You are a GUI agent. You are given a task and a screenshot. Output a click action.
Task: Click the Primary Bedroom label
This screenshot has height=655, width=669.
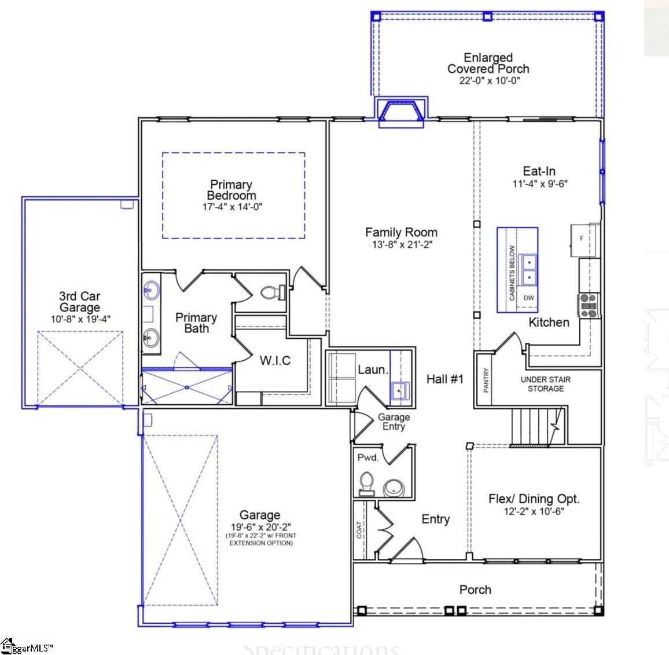pyautogui.click(x=231, y=190)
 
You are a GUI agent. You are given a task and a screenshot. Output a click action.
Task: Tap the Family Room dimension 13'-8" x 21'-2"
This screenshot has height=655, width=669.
pyautogui.click(x=402, y=245)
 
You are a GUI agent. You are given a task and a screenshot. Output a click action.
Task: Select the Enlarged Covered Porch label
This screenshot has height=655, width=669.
pyautogui.click(x=488, y=63)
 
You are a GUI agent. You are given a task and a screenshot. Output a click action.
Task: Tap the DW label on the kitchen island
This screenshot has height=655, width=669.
pyautogui.click(x=528, y=298)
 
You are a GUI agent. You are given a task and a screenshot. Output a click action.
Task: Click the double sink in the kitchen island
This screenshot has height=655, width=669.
pyautogui.click(x=528, y=270)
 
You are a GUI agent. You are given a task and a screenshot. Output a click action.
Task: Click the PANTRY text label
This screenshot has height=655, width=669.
pyautogui.click(x=486, y=380)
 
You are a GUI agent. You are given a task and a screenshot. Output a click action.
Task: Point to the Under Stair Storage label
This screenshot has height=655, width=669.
pyautogui.click(x=545, y=384)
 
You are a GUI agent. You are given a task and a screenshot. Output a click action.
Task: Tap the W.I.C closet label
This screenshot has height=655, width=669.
pyautogui.click(x=275, y=361)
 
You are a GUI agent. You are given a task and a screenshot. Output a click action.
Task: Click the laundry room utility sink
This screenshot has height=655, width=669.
pyautogui.click(x=400, y=391)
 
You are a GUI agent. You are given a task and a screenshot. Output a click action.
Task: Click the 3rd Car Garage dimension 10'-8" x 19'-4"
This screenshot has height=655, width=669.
pyautogui.click(x=80, y=319)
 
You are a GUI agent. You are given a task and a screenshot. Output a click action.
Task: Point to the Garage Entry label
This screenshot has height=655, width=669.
pyautogui.click(x=394, y=422)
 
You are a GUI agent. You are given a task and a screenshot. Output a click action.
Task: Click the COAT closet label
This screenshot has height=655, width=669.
pyautogui.click(x=359, y=530)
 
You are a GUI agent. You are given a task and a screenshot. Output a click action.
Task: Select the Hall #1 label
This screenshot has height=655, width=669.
pyautogui.click(x=445, y=379)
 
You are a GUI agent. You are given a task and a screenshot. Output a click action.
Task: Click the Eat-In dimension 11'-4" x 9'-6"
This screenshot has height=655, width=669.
pyautogui.click(x=539, y=184)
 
